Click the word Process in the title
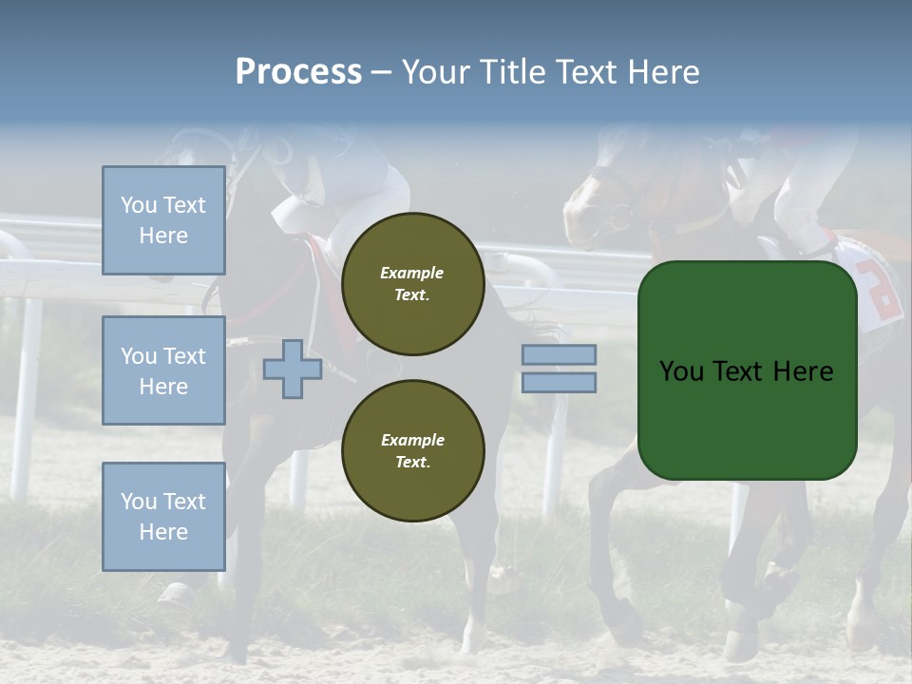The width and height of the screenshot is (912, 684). [298, 72]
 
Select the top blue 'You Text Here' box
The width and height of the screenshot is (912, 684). [163, 220]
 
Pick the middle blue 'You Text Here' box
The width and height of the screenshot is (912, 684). [163, 370]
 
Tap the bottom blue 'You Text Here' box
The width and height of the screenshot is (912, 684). [163, 516]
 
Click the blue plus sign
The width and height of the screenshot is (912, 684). [293, 370]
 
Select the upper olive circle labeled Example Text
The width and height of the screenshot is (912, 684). [412, 284]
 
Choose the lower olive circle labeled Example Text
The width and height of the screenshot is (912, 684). [412, 450]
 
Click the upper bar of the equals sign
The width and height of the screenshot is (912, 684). [559, 355]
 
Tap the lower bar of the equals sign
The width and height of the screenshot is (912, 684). [559, 383]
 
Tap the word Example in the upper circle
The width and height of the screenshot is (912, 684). [412, 273]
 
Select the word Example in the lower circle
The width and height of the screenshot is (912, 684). [412, 440]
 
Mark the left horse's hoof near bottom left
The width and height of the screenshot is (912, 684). [176, 595]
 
